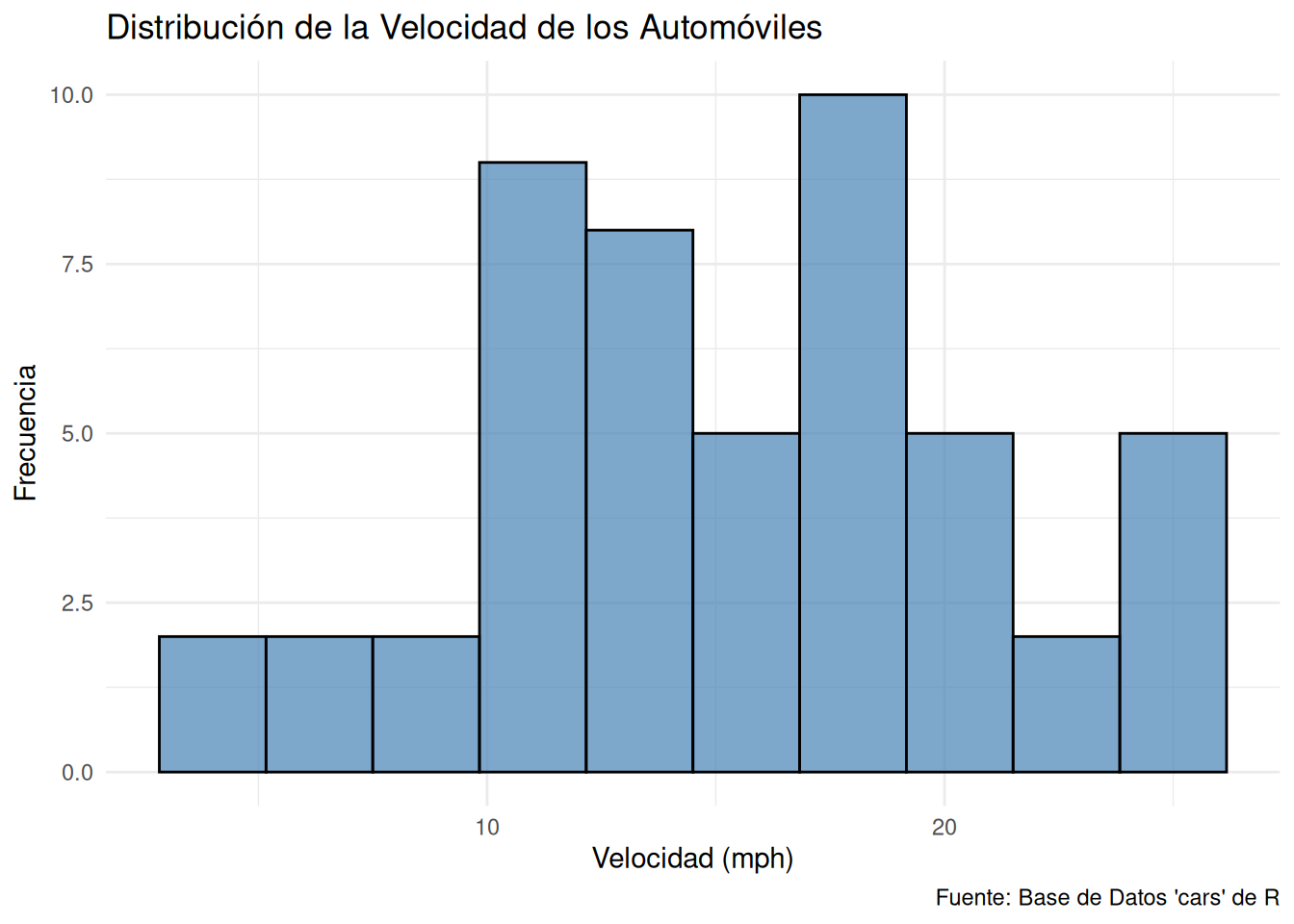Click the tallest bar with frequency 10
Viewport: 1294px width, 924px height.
852,433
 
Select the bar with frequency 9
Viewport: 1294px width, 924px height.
532,467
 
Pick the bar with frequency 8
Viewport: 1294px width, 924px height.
639,500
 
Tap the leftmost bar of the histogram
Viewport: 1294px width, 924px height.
212,704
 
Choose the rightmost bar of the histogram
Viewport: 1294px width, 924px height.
1173,603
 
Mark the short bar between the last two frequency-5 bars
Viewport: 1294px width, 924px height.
1066,704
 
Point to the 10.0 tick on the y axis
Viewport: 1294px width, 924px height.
71,95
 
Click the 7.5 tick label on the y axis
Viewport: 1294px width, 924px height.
76,265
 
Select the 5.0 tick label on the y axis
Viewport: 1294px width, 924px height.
76,434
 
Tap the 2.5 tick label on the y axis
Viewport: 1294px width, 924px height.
76,603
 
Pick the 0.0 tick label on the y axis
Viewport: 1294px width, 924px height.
76,773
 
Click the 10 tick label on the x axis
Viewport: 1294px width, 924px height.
487,828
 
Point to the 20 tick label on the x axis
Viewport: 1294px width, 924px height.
945,828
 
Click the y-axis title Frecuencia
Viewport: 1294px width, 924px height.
25,433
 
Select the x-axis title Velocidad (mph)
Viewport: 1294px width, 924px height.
692,859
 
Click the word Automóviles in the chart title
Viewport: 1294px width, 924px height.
730,28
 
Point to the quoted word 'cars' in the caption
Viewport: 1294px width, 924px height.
1200,898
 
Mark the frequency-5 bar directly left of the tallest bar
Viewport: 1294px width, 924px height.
746,603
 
